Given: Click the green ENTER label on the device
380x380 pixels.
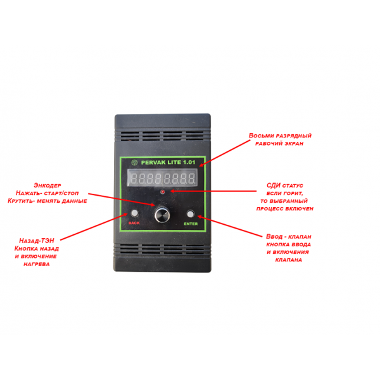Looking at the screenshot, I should pos(191,224).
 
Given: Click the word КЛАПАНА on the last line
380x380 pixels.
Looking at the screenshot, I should pos(289,260).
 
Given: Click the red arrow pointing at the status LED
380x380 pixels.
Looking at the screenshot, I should pos(212,189).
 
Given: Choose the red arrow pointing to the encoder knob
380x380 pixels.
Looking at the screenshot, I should pos(120,199).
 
